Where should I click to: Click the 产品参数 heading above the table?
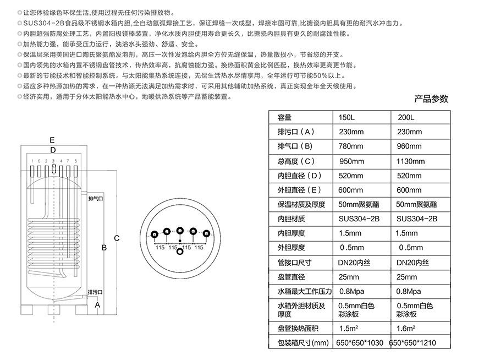[x=431, y=100]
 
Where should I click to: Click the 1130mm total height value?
[x=410, y=161]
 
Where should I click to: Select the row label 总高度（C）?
[x=296, y=161]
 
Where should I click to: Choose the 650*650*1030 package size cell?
[x=359, y=343]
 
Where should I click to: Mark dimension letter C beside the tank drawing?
[x=117, y=238]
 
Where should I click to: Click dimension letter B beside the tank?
[x=103, y=248]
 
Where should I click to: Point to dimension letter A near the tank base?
[x=97, y=304]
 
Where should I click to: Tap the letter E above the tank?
[x=52, y=139]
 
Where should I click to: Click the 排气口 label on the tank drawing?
[x=96, y=197]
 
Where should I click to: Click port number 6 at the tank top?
[x=32, y=161]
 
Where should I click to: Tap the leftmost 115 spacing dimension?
[x=160, y=248]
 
